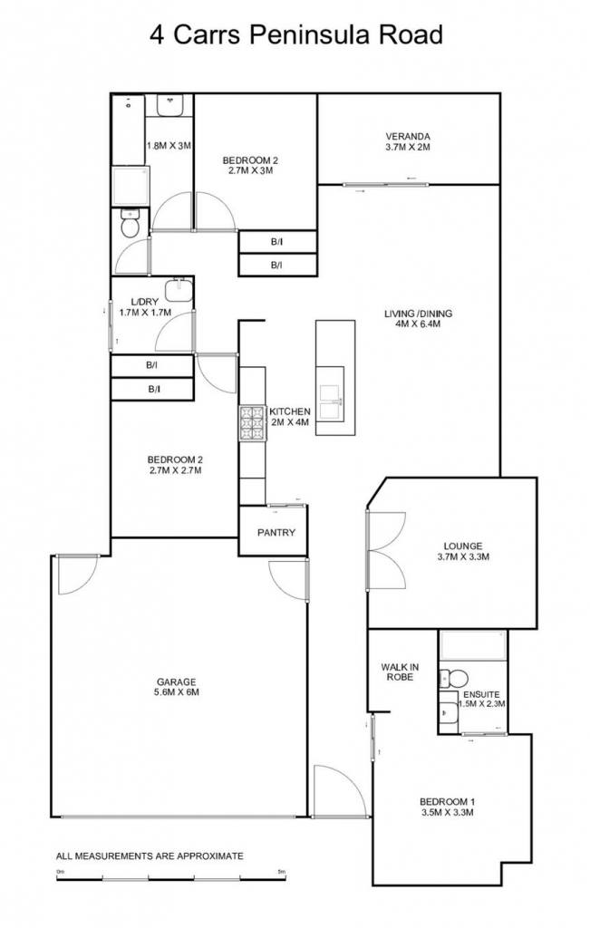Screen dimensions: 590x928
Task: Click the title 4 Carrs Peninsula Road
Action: pyautogui.click(x=295, y=35)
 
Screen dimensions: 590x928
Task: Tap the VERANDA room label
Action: pyautogui.click(x=407, y=136)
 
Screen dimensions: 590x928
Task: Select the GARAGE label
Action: pyautogui.click(x=177, y=681)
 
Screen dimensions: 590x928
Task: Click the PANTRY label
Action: pyautogui.click(x=276, y=533)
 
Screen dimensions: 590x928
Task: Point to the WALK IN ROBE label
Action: pyautogui.click(x=400, y=672)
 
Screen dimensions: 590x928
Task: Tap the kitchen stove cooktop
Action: pyautogui.click(x=253, y=422)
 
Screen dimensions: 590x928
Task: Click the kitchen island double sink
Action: pyautogui.click(x=330, y=401)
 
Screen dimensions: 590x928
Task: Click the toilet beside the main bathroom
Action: pyautogui.click(x=129, y=223)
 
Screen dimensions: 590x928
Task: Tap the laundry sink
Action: pyautogui.click(x=179, y=290)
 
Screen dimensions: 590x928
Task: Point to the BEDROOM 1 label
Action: pyautogui.click(x=447, y=802)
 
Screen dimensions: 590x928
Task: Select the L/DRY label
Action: pyautogui.click(x=145, y=302)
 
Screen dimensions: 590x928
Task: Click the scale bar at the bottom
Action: pyautogui.click(x=171, y=877)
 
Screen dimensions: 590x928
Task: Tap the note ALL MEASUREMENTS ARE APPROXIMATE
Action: pyautogui.click(x=150, y=855)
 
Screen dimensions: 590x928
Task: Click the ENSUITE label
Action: pyautogui.click(x=481, y=694)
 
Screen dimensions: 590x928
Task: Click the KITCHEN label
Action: pyautogui.click(x=289, y=412)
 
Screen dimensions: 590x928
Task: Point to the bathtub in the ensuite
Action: pyautogui.click(x=472, y=645)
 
